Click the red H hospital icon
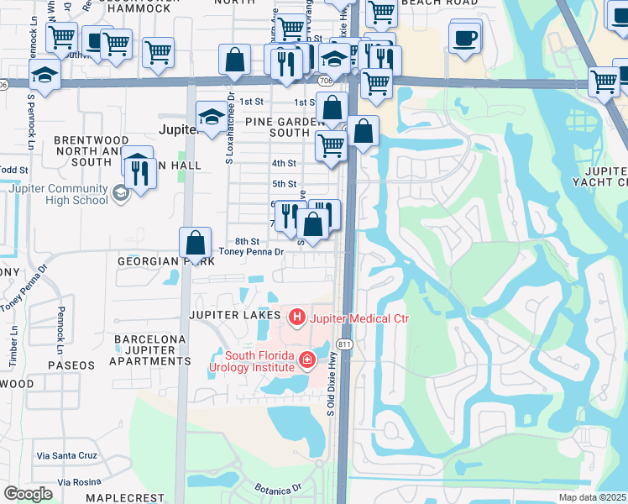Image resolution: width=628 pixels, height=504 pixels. point(296,318)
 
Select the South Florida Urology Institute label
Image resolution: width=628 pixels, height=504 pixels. point(251,360)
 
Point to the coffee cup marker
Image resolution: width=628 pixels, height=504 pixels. point(465,38)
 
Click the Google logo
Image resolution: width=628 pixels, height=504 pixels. point(28,493)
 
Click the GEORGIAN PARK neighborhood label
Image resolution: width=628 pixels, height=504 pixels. point(159,260)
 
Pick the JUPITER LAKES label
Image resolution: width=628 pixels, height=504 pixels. point(233,314)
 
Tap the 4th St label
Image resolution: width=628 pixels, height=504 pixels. point(284,163)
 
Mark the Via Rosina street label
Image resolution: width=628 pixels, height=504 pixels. point(58,481)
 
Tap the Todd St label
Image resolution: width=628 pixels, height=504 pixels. point(8,170)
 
